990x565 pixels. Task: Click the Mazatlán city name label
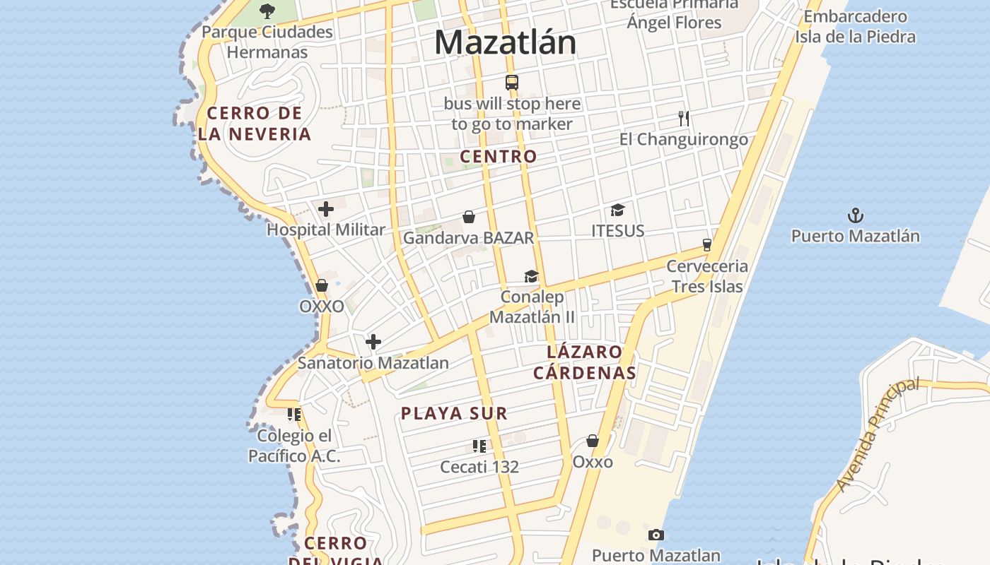(x=505, y=42)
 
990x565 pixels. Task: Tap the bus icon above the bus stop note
(x=512, y=82)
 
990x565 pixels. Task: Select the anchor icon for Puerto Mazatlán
(x=856, y=215)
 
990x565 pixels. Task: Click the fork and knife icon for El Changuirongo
(x=683, y=118)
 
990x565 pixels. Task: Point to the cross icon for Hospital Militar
(x=326, y=209)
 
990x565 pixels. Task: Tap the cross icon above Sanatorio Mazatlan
(x=373, y=343)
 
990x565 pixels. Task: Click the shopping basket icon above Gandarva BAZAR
(x=468, y=217)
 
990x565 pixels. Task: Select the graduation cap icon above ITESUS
(x=617, y=210)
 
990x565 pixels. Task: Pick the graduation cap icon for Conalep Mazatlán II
(x=531, y=276)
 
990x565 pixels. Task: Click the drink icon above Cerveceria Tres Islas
(x=706, y=245)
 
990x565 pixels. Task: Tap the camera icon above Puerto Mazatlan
(x=656, y=535)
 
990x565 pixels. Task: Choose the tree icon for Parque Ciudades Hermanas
(x=267, y=11)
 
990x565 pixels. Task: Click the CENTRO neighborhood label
(x=499, y=156)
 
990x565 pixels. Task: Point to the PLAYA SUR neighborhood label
(x=454, y=413)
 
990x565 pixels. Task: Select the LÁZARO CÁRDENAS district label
(x=585, y=362)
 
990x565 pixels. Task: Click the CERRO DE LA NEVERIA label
(x=255, y=124)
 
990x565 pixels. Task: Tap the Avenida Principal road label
(x=878, y=434)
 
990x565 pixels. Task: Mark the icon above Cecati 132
(x=479, y=446)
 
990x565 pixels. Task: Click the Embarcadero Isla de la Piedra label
(x=855, y=26)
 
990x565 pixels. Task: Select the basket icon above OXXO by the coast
(x=322, y=285)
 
